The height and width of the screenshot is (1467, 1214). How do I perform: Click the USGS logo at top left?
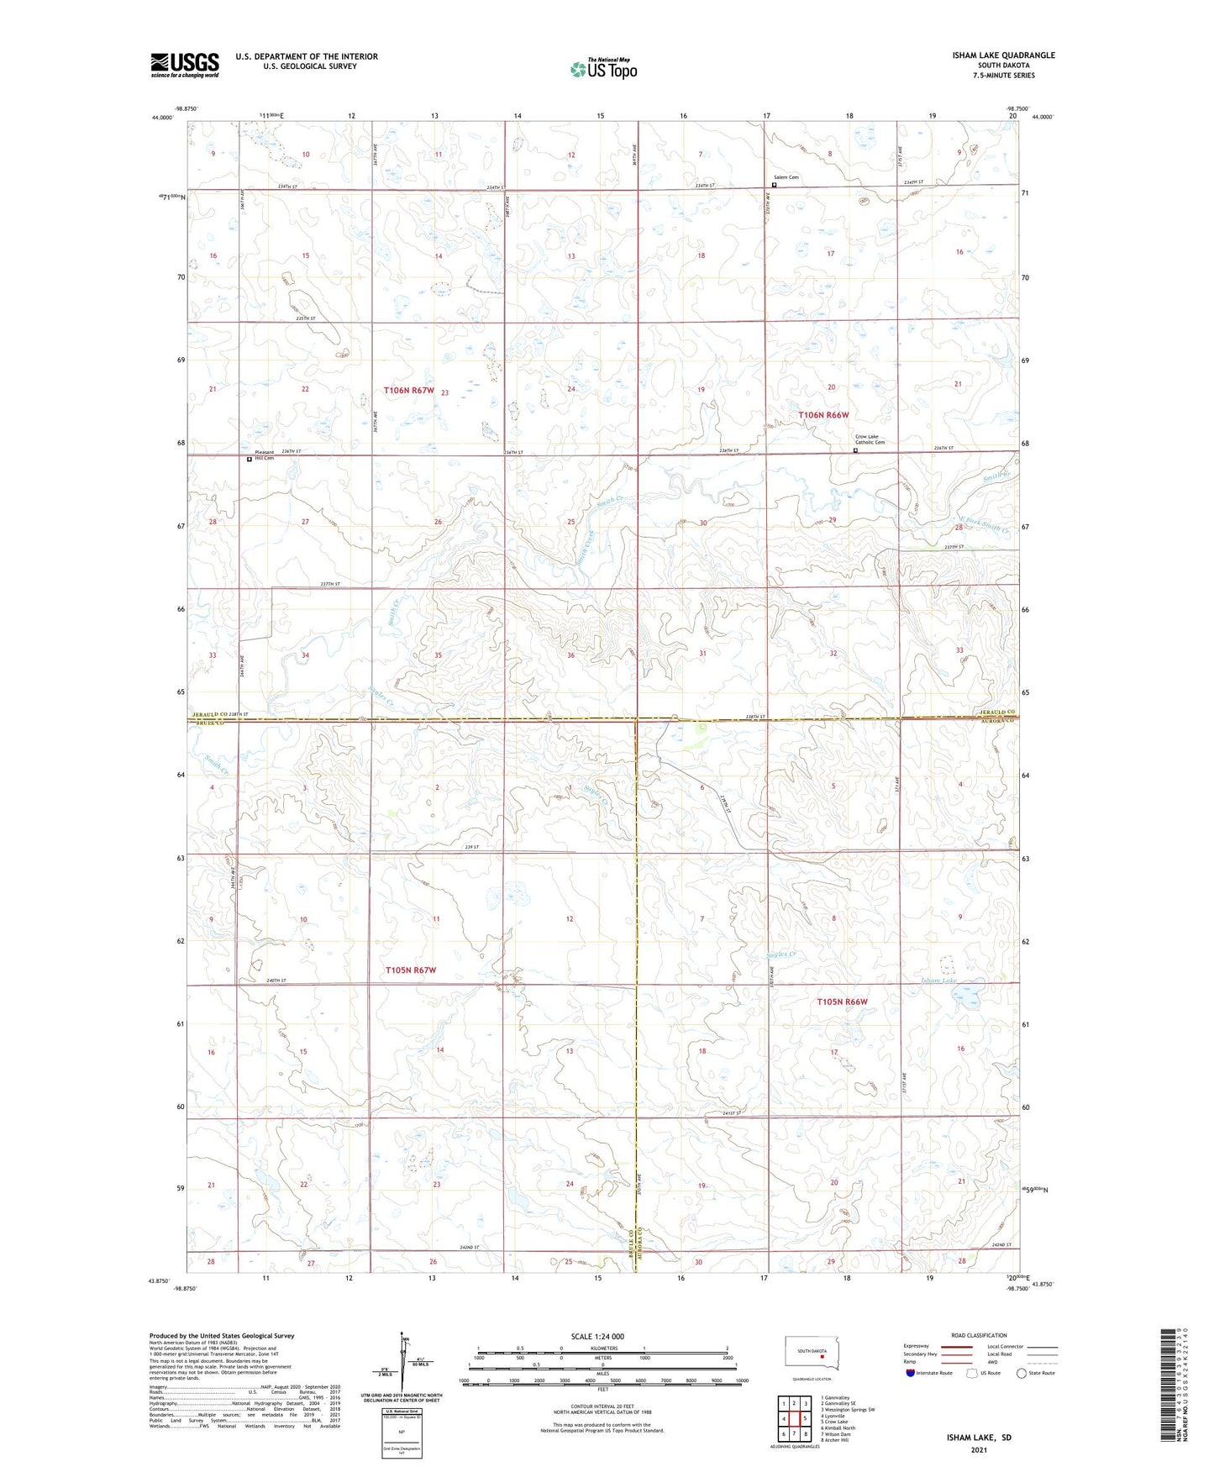185,65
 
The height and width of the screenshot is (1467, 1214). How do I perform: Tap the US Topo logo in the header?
603,69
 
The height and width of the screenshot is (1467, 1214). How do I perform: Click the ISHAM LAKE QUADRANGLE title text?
1003,55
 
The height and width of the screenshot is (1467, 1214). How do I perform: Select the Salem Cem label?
787,177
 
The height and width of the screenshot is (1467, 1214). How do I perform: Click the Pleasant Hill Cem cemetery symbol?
250,460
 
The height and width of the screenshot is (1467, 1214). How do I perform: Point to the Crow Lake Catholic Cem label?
870,439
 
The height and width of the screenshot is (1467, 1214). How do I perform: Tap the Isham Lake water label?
938,981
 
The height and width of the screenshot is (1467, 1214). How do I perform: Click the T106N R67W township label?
409,390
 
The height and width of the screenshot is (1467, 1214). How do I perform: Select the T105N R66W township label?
842,1002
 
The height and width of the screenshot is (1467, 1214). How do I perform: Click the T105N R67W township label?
411,970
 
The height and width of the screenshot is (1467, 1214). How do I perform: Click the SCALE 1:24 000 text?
597,1336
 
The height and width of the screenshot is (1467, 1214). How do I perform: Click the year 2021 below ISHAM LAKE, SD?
977,1450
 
